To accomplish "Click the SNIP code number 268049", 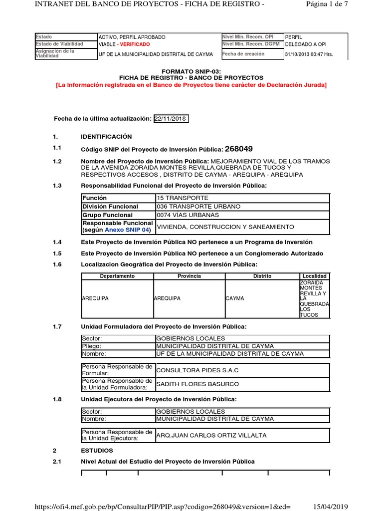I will [239, 149].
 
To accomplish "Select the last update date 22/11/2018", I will [171, 118].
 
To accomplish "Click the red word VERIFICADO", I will [134, 44].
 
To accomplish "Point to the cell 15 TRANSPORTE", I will [176, 198].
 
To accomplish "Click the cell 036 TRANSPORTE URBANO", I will [191, 207].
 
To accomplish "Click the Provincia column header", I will [189, 276].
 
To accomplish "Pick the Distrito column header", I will [262, 276].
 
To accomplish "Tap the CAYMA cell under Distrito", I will [235, 298].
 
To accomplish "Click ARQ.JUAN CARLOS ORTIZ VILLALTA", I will [211, 435].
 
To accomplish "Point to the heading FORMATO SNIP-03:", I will [191, 72].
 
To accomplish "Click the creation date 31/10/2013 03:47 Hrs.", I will [309, 54].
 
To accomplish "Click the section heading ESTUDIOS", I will [97, 450].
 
